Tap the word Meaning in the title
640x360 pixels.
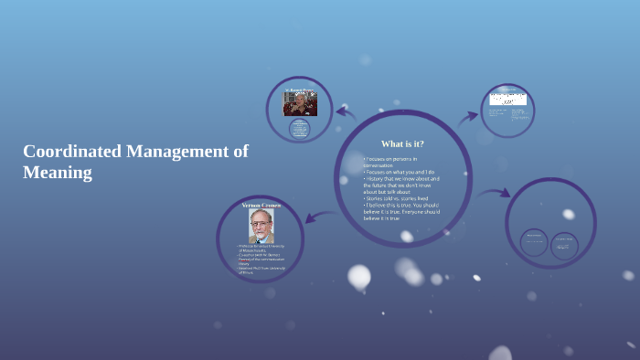58,172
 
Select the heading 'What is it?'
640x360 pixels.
402,143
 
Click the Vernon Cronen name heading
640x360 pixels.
261,206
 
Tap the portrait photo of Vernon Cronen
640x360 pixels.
261,227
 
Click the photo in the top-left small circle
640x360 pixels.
299,103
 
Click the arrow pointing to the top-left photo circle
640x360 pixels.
345,111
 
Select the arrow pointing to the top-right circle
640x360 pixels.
468,116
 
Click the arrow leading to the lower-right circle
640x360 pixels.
495,193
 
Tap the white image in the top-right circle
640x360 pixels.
507,99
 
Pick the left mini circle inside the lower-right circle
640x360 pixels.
534,242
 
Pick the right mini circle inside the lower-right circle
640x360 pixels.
564,246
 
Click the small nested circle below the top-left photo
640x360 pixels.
299,129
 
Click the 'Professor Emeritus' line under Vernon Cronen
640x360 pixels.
263,247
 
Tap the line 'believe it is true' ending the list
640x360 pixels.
381,219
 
